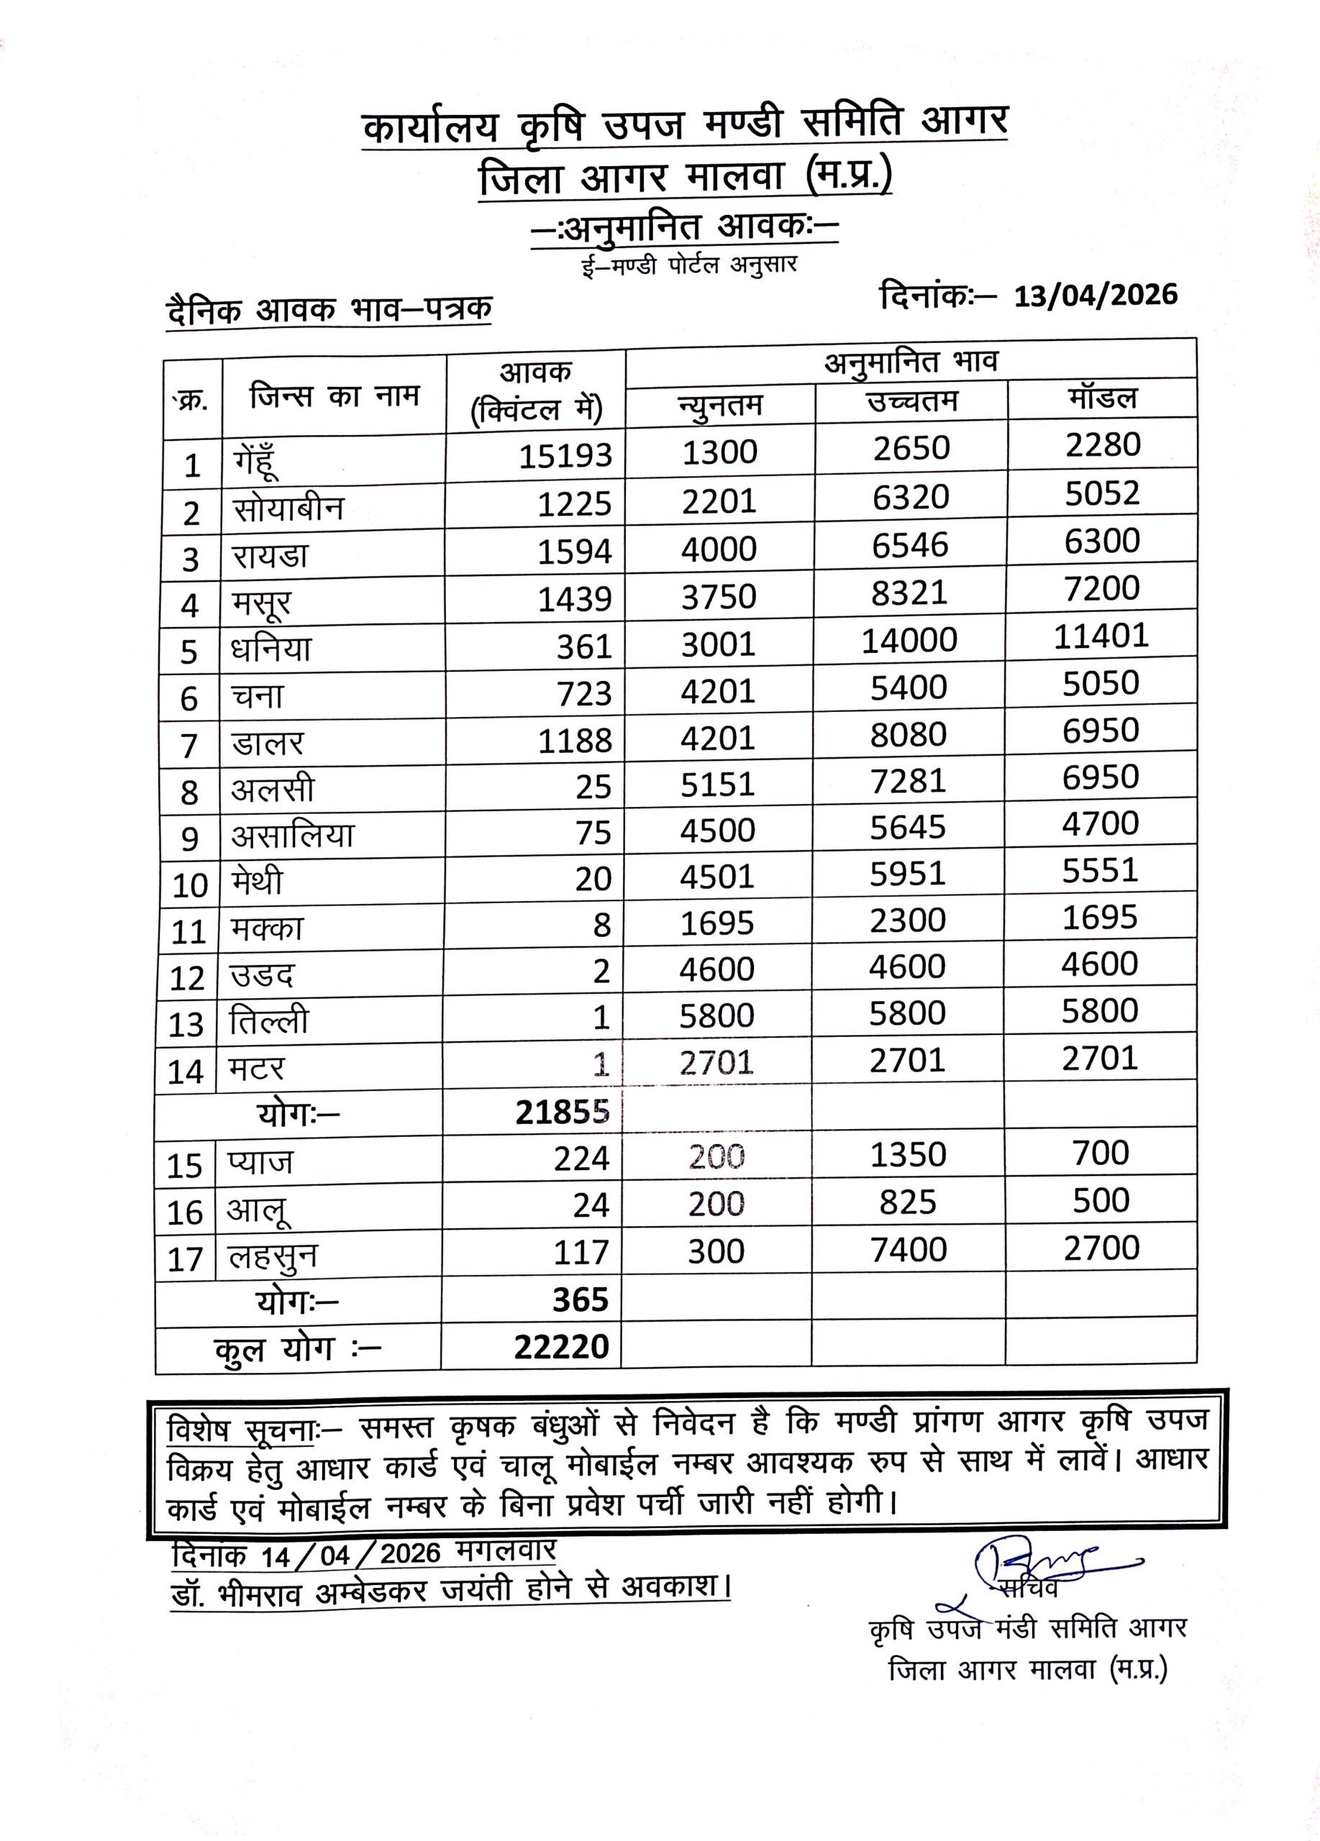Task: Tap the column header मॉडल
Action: tap(1103, 398)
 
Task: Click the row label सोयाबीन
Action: tap(288, 509)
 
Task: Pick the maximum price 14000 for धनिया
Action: tap(909, 641)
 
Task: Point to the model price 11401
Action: tap(1101, 636)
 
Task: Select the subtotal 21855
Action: tap(562, 1112)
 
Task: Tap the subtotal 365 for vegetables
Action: tap(581, 1299)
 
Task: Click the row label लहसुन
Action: tap(273, 1257)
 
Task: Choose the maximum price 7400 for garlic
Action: tap(909, 1250)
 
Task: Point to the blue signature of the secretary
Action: tap(1047, 1558)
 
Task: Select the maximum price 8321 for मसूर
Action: tap(909, 593)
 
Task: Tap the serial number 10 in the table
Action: tap(190, 885)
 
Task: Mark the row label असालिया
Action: tap(292, 835)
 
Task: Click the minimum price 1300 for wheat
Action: tap(719, 452)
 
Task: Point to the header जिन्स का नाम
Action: tap(334, 396)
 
